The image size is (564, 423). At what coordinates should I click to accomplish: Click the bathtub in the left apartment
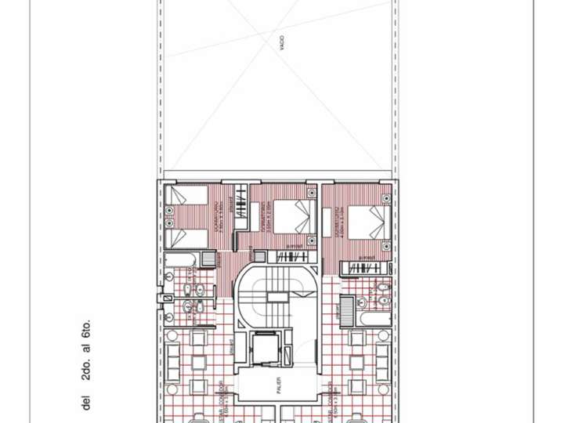coord(182,258)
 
